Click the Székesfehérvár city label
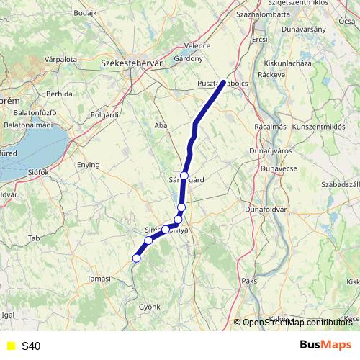coord(129,63)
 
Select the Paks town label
coord(249,280)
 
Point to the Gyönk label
coord(149,307)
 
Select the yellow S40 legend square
coord(10,346)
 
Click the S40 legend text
coord(31,346)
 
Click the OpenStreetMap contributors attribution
coord(297,323)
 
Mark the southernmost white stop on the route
coord(136,258)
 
